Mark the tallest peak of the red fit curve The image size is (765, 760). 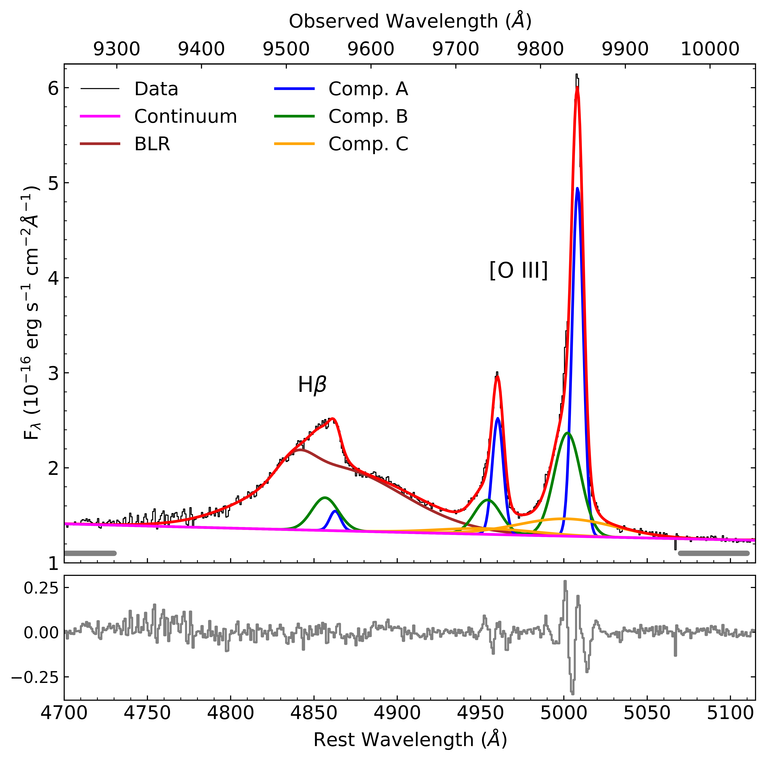pos(577,88)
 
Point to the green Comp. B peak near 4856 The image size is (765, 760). pos(325,497)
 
